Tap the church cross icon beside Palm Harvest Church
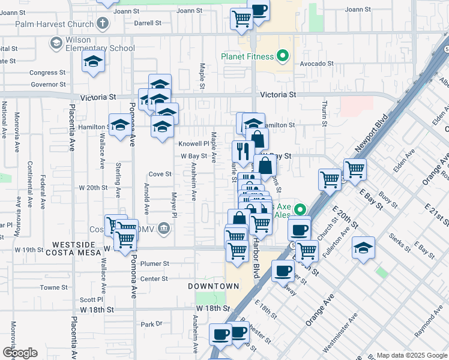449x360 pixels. (x=103, y=24)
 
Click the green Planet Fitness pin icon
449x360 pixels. (x=283, y=57)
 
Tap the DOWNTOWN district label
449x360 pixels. (x=213, y=286)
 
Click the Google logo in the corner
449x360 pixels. (x=20, y=353)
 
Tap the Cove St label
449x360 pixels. (x=160, y=174)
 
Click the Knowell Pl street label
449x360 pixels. (x=193, y=144)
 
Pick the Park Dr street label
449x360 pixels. (x=151, y=324)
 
